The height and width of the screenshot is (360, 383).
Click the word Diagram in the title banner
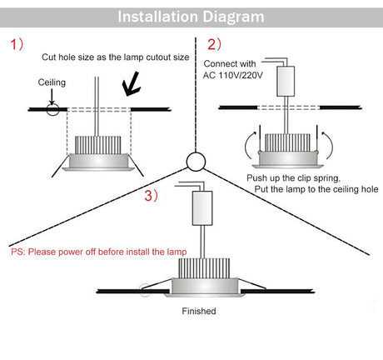pos(233,17)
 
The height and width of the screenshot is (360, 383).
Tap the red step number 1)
pos(17,44)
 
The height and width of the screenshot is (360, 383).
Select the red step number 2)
pos(214,44)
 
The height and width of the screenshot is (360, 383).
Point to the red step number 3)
pos(151,195)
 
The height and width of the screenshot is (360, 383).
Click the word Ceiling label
pos(52,82)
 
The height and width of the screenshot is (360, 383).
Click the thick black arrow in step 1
pos(131,84)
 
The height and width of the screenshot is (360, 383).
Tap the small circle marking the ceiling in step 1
pos(52,109)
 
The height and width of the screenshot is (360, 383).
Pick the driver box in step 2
pos(286,81)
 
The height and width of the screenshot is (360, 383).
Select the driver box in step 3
pos(202,208)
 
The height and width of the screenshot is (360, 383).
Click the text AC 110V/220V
pos(232,75)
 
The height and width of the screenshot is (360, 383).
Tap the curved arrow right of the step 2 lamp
pos(328,145)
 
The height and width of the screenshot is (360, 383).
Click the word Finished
pos(199,311)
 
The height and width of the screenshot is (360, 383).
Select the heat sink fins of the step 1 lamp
pos(98,145)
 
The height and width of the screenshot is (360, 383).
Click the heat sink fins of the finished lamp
pos(204,268)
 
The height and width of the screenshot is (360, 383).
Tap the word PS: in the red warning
pos(18,252)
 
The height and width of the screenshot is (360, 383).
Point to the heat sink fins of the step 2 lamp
pos(287,142)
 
